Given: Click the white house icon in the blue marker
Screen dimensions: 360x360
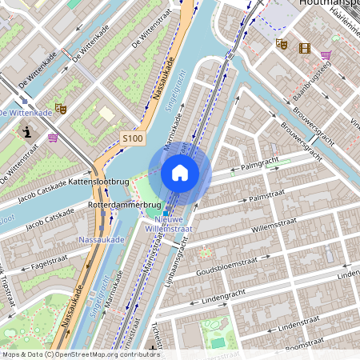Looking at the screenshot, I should coord(180,173).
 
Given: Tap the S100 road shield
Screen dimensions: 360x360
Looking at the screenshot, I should coord(134,138).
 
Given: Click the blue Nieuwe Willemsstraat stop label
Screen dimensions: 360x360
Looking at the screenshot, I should coord(169,223).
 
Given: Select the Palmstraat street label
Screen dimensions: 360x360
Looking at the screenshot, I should coord(267,197).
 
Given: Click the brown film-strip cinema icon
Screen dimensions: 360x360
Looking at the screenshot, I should coord(304,48).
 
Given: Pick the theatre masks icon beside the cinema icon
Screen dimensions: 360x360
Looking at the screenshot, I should coord(282,45).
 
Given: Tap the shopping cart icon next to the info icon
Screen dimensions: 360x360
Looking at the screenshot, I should coord(53,137).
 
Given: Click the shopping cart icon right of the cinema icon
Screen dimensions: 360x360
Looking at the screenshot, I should coord(326,55).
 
